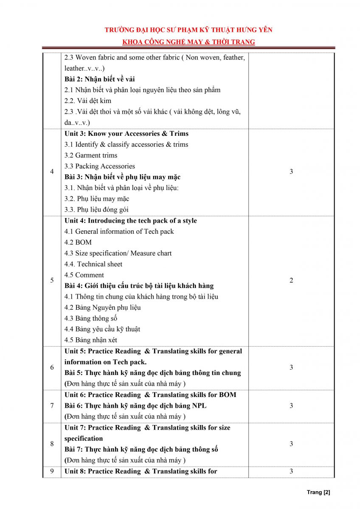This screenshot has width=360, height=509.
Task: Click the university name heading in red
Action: click(188, 30)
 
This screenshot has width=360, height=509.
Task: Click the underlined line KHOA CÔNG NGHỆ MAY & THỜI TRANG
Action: click(188, 42)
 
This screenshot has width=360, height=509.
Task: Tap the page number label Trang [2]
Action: click(318, 492)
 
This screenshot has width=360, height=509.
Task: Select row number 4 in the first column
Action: click(52, 171)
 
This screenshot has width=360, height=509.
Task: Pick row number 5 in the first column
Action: click(52, 280)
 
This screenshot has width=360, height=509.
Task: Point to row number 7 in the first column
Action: click(52, 406)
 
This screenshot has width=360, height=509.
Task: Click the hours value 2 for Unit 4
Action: click(291, 280)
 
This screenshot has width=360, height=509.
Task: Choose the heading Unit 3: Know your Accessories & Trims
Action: click(127, 134)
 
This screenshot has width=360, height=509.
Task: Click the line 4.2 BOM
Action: click(78, 242)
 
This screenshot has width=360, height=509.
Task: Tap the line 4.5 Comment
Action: click(84, 275)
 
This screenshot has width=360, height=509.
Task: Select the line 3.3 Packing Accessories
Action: click(100, 166)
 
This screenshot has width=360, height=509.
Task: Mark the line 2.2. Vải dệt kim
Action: click(88, 101)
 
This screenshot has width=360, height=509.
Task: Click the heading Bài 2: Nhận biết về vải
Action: click(100, 79)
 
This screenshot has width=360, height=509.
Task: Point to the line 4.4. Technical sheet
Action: click(93, 264)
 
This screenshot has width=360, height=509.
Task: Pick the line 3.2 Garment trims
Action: click(91, 155)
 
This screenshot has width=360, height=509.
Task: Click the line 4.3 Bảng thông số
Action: click(91, 318)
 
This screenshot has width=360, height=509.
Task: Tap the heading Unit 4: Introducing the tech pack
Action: click(131, 221)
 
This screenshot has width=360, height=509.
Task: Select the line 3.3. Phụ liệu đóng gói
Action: click(96, 210)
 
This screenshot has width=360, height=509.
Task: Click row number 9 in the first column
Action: click(52, 471)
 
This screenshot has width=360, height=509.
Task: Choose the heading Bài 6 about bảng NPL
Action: click(135, 406)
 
